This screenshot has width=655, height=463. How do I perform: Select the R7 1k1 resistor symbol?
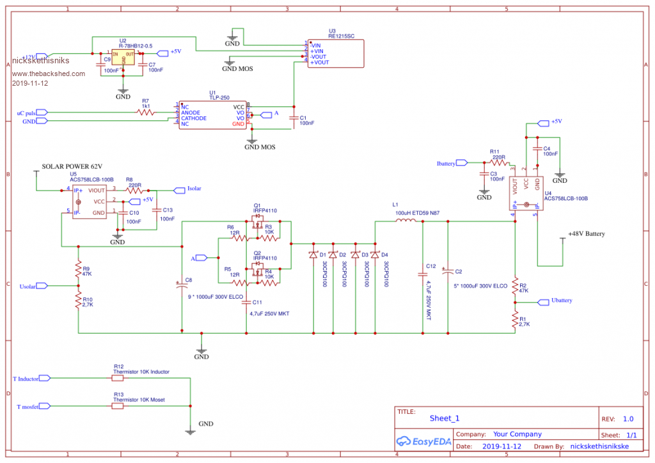pyautogui.click(x=146, y=112)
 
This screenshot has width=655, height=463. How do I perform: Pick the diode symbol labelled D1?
pyautogui.click(x=313, y=255)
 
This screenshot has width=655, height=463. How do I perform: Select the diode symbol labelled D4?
pyautogui.click(x=375, y=255)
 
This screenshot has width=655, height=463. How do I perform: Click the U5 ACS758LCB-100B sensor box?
pyautogui.click(x=89, y=201)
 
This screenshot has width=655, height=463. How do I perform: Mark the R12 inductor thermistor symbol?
pyautogui.click(x=118, y=378)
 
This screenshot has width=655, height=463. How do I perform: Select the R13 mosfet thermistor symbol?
pyautogui.click(x=118, y=406)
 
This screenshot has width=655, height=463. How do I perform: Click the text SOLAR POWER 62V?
pyautogui.click(x=72, y=166)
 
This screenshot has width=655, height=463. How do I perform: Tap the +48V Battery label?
pyautogui.click(x=586, y=234)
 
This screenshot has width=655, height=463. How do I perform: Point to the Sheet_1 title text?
pyautogui.click(x=445, y=418)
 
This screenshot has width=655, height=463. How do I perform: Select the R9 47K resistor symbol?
pyautogui.click(x=78, y=268)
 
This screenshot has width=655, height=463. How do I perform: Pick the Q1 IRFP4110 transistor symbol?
pyautogui.click(x=257, y=224)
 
